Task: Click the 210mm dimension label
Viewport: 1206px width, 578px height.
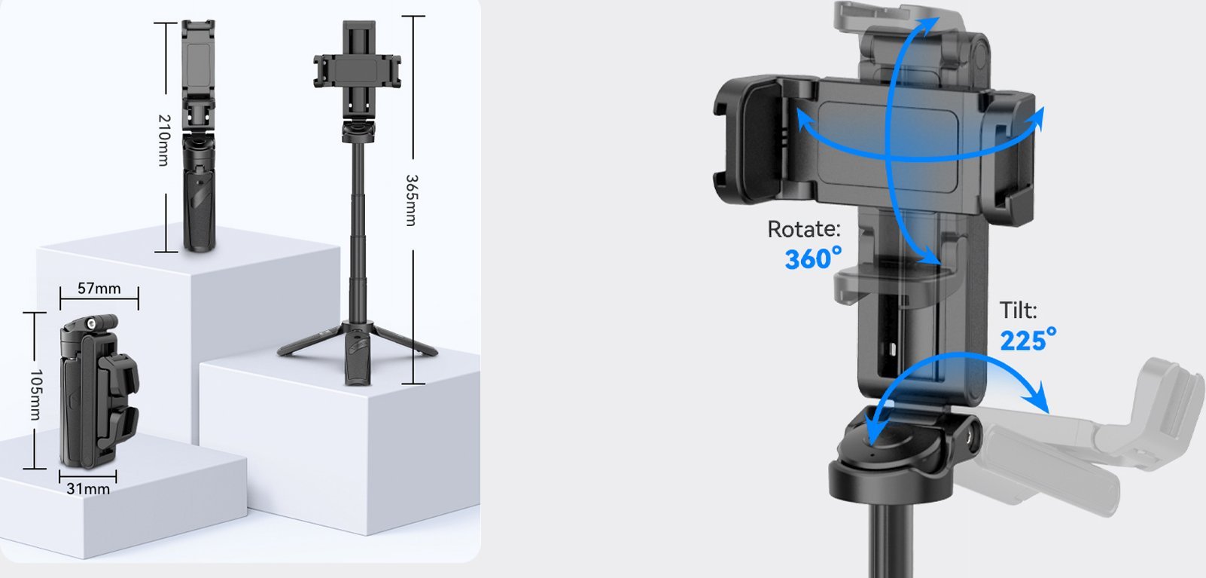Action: click(x=163, y=139)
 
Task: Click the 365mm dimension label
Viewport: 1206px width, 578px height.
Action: click(x=411, y=200)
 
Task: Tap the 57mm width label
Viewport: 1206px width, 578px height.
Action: click(x=99, y=288)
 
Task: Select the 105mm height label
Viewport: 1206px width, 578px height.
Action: click(x=35, y=394)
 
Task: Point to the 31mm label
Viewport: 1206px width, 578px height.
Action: click(x=88, y=488)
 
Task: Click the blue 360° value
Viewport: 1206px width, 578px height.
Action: click(x=812, y=258)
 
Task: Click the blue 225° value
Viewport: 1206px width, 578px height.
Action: click(x=1027, y=340)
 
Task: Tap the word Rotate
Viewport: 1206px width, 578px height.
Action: click(x=802, y=229)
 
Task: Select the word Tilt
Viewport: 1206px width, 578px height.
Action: click(x=1018, y=310)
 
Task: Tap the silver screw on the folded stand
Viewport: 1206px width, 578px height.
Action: click(x=92, y=323)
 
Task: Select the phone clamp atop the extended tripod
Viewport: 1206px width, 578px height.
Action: click(x=357, y=69)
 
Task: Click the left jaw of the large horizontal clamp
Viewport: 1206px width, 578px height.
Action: click(x=745, y=139)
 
